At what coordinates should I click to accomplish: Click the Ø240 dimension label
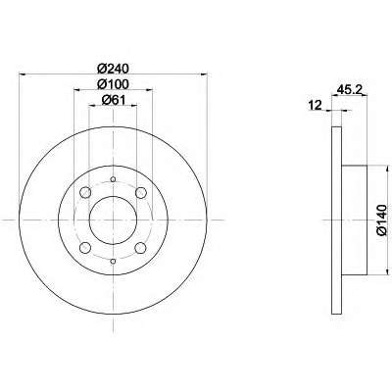click(114, 69)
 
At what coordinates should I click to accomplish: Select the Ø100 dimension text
click(114, 84)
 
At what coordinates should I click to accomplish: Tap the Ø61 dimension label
click(114, 100)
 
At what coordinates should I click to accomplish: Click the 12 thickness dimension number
click(316, 105)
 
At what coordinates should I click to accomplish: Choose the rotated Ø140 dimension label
click(381, 220)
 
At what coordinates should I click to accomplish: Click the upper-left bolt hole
click(85, 192)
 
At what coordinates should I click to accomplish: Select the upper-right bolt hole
click(141, 192)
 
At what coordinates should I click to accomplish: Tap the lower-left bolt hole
click(85, 248)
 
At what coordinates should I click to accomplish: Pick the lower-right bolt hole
click(141, 248)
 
